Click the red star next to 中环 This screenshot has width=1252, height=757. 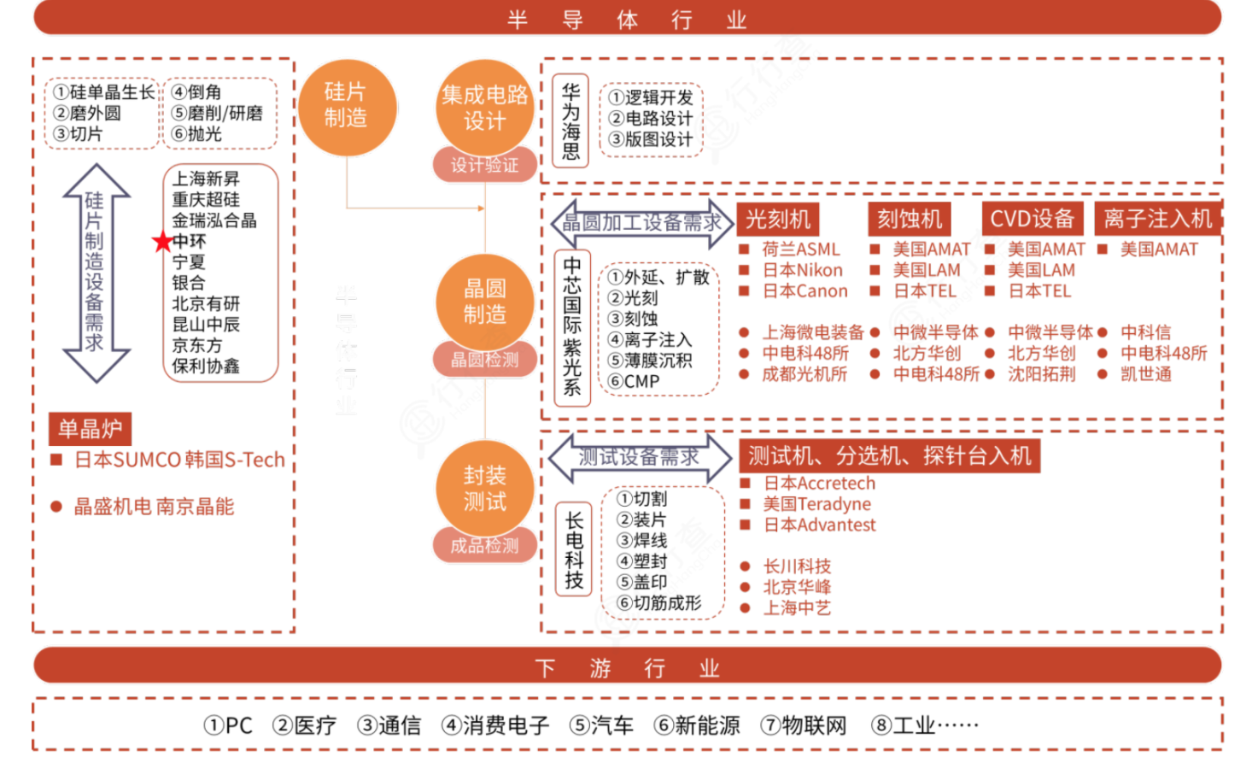click(162, 242)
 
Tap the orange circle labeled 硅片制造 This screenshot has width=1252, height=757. click(346, 106)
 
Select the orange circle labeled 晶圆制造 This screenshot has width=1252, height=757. click(484, 302)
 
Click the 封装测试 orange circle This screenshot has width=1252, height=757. click(484, 489)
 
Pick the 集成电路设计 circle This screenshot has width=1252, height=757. click(484, 108)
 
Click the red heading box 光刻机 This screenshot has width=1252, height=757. click(777, 220)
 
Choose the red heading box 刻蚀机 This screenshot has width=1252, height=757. click(909, 220)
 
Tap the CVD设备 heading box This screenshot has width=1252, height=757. click(1032, 220)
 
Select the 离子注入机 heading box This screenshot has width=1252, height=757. click(1157, 220)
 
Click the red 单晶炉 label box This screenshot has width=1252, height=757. click(91, 429)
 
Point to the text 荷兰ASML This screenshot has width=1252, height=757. click(800, 249)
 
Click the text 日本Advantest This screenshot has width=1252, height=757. click(819, 525)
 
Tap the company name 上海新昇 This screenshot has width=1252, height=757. click(206, 179)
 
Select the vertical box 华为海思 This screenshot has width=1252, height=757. click(570, 121)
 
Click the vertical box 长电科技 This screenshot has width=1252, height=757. click(574, 549)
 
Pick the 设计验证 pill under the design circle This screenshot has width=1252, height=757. click(484, 165)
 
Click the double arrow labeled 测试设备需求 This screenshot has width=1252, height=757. click(639, 457)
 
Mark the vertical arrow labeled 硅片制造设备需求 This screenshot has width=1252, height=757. click(95, 272)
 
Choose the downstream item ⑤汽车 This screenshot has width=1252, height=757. click(602, 725)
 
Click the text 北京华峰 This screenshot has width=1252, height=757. click(796, 587)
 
